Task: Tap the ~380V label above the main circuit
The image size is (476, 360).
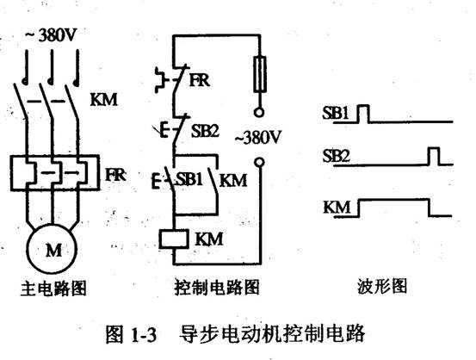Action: click(51, 35)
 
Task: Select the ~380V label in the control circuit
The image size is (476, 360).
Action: click(258, 137)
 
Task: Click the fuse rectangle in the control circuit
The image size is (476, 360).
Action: click(260, 74)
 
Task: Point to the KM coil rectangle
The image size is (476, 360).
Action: click(174, 239)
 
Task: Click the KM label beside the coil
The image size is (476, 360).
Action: click(209, 239)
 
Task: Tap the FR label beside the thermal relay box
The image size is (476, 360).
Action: click(115, 175)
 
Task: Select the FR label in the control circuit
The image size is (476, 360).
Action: click(200, 80)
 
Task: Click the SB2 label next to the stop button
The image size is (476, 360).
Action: click(205, 131)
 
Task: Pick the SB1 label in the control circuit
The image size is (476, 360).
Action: click(189, 178)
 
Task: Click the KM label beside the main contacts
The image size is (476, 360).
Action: click(104, 99)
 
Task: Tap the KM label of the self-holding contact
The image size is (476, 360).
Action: click(233, 180)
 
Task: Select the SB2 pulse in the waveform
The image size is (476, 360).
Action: click(434, 156)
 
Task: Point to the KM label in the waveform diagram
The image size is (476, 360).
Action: click(337, 208)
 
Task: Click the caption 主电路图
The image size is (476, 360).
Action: click(53, 288)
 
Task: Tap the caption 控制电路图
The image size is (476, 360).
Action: click(217, 287)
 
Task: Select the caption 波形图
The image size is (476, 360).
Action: click(382, 286)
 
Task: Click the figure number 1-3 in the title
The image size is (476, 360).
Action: click(144, 335)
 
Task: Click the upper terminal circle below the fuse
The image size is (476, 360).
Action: click(258, 113)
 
